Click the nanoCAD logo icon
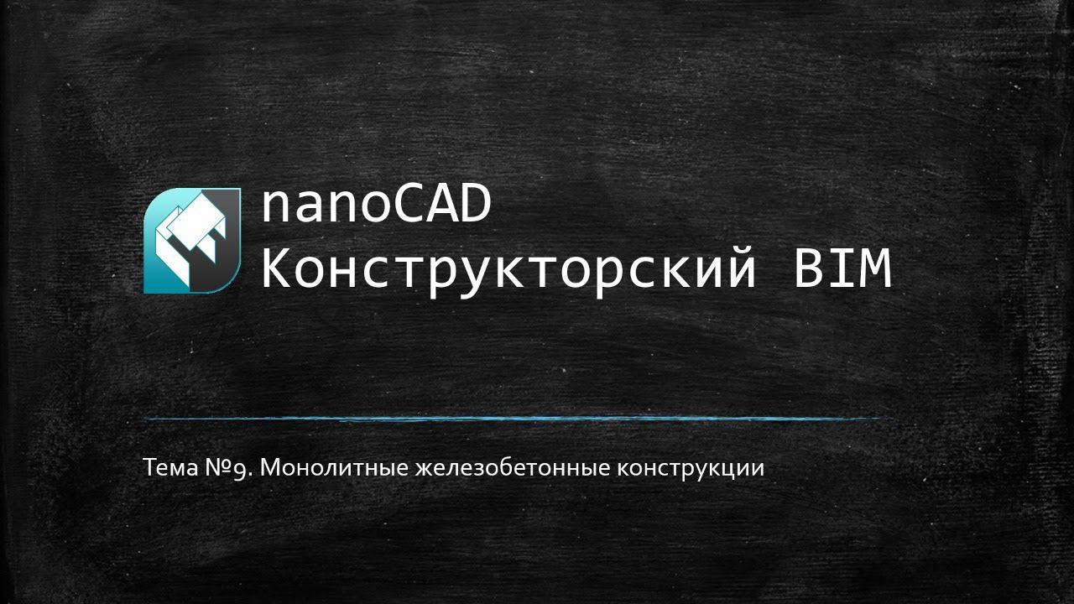tap(192, 241)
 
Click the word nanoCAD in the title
tap(375, 206)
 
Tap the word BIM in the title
tap(842, 270)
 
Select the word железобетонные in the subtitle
tap(513, 467)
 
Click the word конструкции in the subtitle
tap(691, 467)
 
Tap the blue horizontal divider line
tap(516, 418)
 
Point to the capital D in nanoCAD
tap(475, 206)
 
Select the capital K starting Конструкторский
tap(278, 270)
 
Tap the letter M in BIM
tap(875, 270)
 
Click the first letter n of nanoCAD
tap(277, 210)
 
